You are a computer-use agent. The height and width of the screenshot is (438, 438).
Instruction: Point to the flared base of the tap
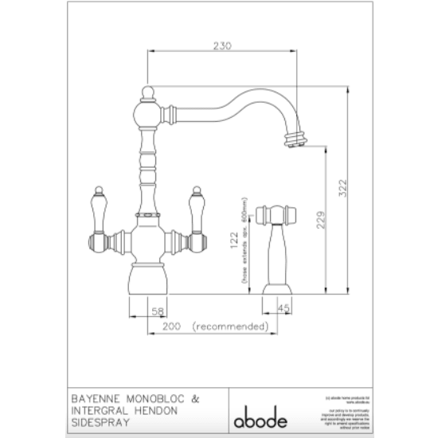point(147,279)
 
